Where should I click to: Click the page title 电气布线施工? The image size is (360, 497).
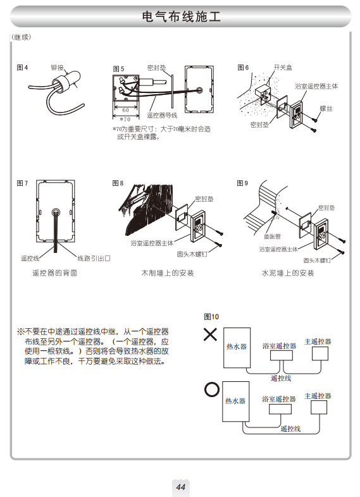pos(181,16)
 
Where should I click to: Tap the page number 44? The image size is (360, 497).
pos(181,487)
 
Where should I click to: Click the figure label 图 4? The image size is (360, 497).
pos(22,68)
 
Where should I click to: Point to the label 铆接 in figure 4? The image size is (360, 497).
pos(57,68)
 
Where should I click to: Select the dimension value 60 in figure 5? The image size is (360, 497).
pos(126,110)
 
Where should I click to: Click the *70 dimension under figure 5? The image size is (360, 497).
pos(125,120)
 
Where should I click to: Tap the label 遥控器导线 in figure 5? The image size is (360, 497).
pos(162,115)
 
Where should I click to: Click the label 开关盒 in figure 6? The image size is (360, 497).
pos(283,68)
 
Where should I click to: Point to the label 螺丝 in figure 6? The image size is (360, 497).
pos(326,108)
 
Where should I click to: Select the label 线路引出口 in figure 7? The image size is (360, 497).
pos(94,259)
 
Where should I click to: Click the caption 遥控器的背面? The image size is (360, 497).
pos(54,273)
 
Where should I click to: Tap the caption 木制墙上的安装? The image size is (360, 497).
pos(168,273)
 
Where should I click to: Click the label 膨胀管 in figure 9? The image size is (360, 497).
pos(273,236)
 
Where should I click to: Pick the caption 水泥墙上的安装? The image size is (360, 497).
pos(288,273)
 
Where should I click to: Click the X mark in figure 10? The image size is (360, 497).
pos(210,334)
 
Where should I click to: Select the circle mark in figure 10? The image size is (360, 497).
pos(212,390)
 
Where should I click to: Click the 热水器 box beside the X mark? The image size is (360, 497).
pos(237,348)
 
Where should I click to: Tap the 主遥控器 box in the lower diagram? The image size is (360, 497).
pos(319,407)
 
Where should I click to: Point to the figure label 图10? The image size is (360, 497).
pos(211,317)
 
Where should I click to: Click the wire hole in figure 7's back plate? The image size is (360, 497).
pos(56,212)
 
